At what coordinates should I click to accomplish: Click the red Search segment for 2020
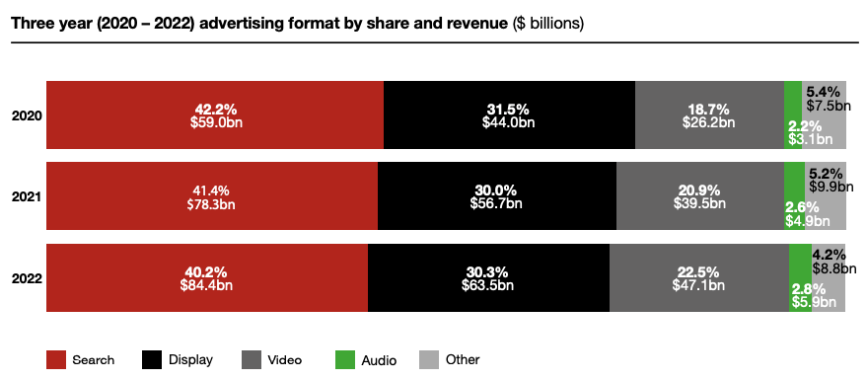(215, 115)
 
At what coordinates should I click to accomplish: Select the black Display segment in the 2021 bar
(497, 195)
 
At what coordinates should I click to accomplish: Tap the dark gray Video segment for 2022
(699, 277)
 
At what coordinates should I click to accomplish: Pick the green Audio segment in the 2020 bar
(793, 115)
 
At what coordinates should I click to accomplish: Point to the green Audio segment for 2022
(800, 277)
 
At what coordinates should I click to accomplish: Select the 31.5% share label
(508, 109)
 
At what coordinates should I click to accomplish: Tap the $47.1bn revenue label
(698, 285)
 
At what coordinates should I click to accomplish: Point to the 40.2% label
(206, 272)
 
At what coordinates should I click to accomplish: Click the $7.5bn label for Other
(828, 105)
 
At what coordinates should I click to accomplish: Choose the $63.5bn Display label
(487, 285)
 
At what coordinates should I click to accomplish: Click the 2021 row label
(27, 197)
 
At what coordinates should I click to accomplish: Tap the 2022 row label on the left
(27, 278)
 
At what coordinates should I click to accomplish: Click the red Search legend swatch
(56, 359)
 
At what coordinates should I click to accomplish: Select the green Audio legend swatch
(345, 359)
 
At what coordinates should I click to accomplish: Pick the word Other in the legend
(463, 359)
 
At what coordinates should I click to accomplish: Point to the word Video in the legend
(285, 360)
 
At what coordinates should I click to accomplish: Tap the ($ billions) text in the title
(547, 24)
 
